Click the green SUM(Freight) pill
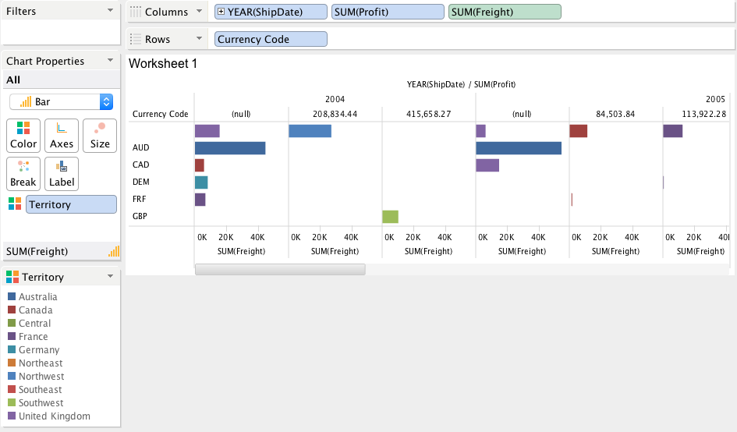[505, 12]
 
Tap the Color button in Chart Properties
[23, 135]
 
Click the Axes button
[62, 135]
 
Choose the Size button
[100, 135]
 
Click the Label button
[62, 173]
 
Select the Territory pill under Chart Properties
[71, 204]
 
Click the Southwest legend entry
[41, 403]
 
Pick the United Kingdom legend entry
[54, 416]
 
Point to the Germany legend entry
[38, 350]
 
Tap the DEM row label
[141, 182]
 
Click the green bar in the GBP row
[390, 216]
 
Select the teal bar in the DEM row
[201, 182]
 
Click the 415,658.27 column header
[428, 114]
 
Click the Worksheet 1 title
[162, 64]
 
